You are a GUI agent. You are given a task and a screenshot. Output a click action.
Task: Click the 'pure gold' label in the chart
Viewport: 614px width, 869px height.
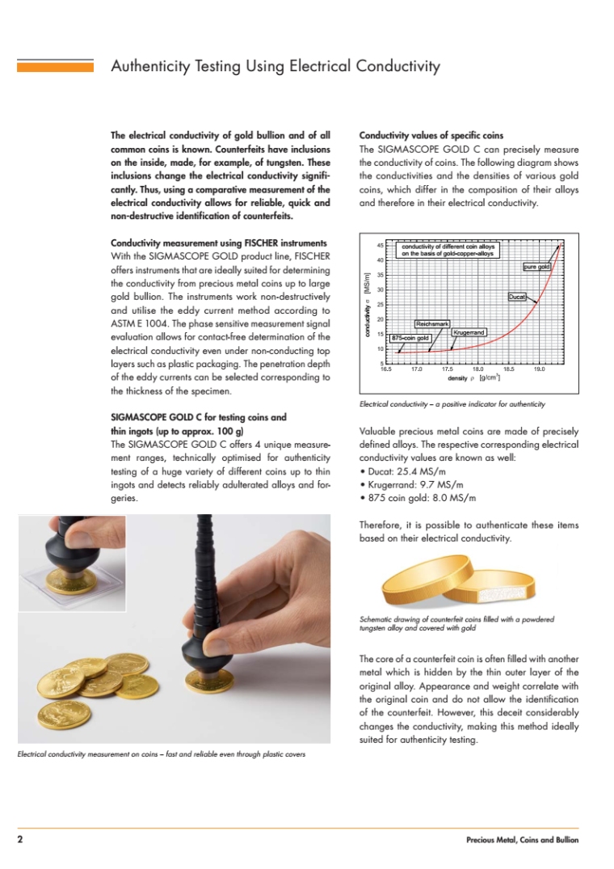pos(537,266)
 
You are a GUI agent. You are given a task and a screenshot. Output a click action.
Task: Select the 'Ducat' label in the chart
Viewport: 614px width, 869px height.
pos(517,297)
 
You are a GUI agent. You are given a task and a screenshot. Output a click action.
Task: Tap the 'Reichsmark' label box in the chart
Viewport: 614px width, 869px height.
pos(432,323)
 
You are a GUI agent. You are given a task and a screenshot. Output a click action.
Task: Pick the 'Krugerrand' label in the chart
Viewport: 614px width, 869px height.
pos(469,332)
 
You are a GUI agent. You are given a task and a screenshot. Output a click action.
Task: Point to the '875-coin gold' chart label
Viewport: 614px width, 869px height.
pos(410,337)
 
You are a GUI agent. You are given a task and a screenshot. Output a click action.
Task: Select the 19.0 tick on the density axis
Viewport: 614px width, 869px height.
pos(539,369)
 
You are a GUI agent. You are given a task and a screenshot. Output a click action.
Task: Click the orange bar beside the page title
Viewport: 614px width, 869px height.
pos(56,66)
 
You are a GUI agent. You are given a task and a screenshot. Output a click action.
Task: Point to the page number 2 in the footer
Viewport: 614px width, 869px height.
pos(20,840)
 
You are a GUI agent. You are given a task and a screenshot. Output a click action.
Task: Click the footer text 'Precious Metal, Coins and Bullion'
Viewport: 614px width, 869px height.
pos(522,841)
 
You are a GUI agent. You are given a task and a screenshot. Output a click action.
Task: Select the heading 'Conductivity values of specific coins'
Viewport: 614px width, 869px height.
pos(431,135)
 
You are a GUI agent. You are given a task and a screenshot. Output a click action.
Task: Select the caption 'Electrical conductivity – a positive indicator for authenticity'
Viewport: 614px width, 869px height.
pos(452,403)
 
